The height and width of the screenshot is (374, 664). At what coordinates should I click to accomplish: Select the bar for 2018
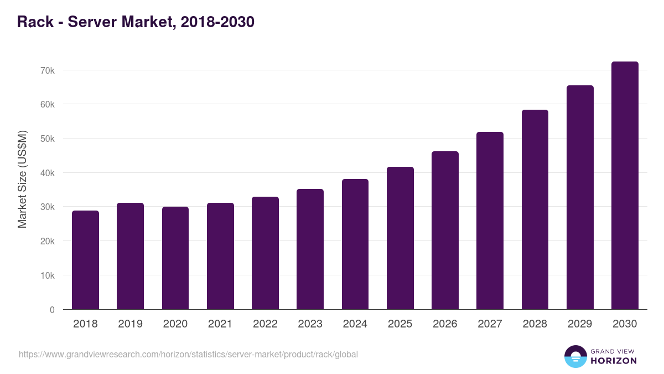[x=85, y=260]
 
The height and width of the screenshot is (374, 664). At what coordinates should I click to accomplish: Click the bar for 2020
[x=175, y=258]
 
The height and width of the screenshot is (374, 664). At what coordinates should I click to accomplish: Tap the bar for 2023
[x=310, y=249]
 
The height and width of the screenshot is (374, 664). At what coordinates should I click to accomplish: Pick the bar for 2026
[x=445, y=230]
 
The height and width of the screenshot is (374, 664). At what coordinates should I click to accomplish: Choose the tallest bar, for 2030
[x=625, y=186]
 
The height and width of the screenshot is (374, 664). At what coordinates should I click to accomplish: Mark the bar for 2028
[x=535, y=209]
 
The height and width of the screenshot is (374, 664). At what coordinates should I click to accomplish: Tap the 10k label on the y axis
[x=48, y=275]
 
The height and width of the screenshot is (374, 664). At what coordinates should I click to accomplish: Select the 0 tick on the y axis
[x=52, y=310]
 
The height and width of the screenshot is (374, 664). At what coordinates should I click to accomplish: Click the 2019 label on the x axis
[x=130, y=324]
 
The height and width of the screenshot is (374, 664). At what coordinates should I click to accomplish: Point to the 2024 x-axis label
[x=355, y=324]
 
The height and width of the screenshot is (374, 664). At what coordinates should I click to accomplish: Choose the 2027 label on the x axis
[x=490, y=324]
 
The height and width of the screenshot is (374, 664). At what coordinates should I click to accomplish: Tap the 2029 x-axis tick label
[x=580, y=324]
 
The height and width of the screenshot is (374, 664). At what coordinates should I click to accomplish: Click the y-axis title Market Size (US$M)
[x=22, y=179]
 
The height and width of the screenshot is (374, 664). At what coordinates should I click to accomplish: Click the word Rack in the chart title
[x=36, y=22]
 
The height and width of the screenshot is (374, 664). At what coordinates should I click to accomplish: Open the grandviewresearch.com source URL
[x=188, y=354]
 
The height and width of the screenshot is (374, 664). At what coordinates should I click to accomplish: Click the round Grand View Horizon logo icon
[x=575, y=356]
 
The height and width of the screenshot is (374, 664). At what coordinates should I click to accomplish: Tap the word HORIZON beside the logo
[x=614, y=361]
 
